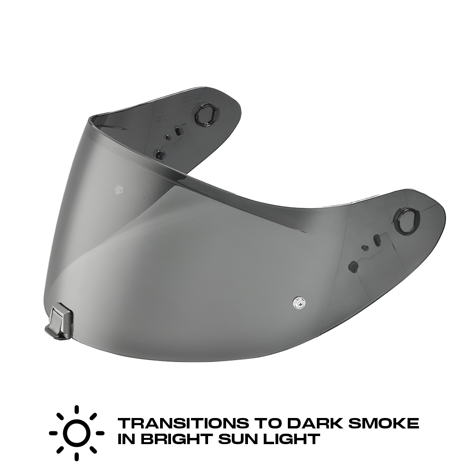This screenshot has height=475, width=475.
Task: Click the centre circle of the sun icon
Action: (76, 433)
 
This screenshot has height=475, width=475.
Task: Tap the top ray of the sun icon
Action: (76, 409)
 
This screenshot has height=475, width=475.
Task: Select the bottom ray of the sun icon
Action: (76, 456)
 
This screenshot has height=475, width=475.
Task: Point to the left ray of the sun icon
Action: (53, 433)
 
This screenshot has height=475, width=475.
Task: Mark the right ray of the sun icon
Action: (100, 433)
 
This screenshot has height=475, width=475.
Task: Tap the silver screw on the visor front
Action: (299, 302)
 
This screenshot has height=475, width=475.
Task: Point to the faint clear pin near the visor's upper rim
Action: (118, 189)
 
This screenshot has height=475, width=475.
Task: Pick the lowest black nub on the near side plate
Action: (353, 266)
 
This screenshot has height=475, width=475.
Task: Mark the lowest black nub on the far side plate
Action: (161, 155)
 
